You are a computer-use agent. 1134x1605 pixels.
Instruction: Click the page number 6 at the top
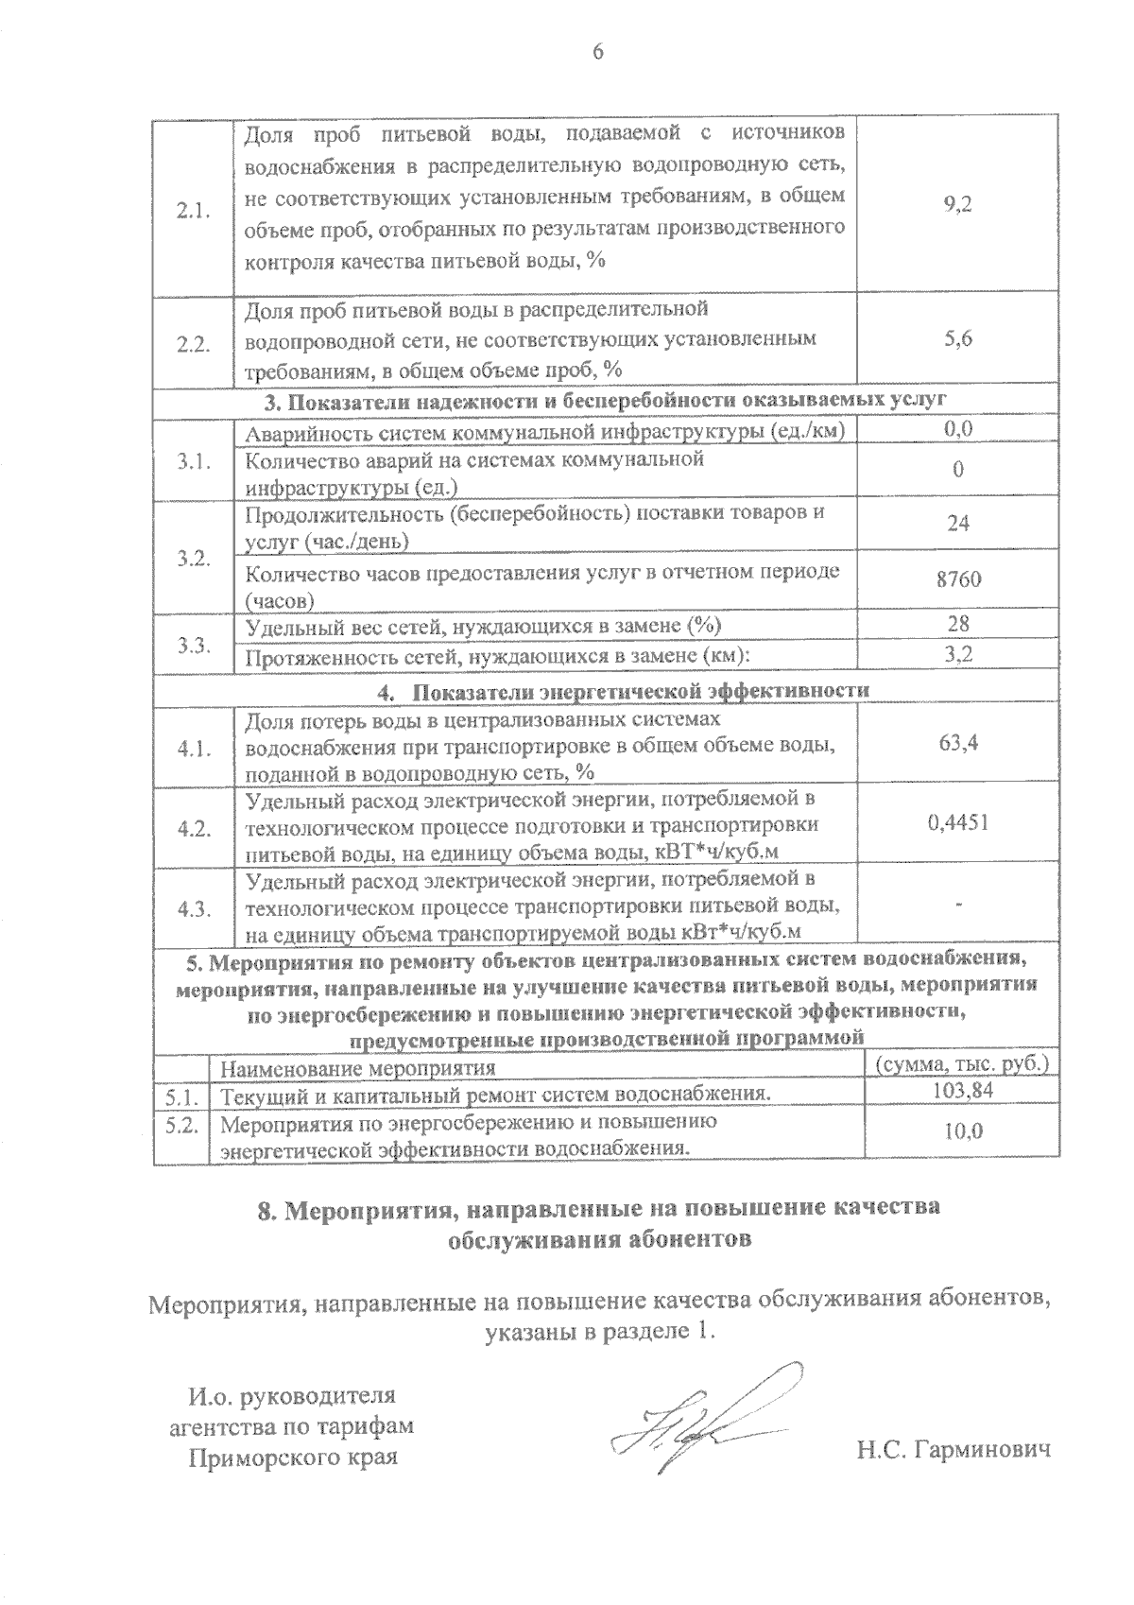(x=597, y=53)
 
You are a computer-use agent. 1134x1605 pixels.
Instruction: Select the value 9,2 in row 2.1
(x=957, y=204)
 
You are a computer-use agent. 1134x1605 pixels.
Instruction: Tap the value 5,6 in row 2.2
(x=957, y=340)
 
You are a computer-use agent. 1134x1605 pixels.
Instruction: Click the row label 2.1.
(x=193, y=211)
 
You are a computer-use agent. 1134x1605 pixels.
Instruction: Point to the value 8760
(x=957, y=578)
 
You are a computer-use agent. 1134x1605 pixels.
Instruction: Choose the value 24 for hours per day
(x=957, y=524)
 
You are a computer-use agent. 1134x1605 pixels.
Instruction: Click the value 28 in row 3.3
(x=957, y=624)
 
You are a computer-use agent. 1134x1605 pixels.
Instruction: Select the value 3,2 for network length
(x=957, y=654)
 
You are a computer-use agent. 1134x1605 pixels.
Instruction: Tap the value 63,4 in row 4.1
(x=957, y=743)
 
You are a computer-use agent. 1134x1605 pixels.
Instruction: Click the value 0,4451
(x=957, y=823)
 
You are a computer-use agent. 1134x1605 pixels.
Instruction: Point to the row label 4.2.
(x=193, y=829)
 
